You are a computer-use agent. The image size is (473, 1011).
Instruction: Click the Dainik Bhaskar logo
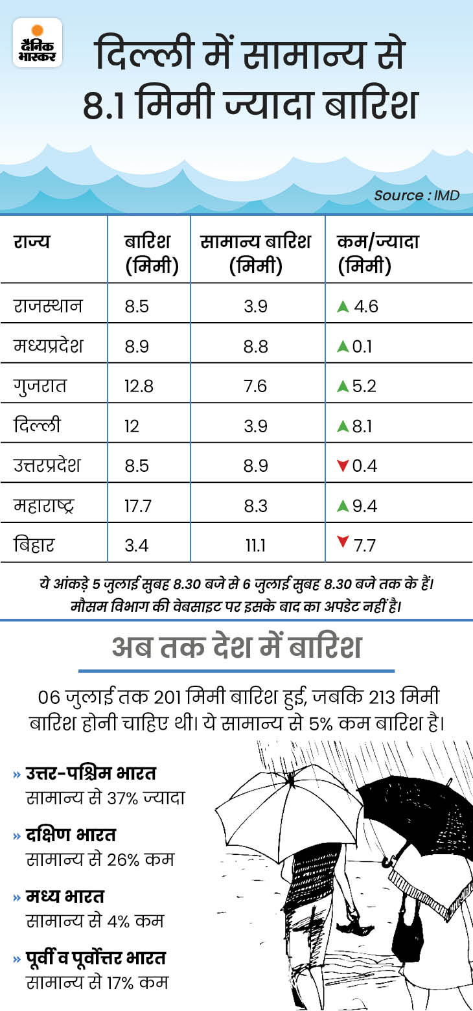click(38, 42)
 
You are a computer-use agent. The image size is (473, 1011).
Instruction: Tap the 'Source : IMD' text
click(417, 195)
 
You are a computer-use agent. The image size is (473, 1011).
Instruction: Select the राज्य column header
click(32, 242)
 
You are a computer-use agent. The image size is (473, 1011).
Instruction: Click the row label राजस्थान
click(49, 305)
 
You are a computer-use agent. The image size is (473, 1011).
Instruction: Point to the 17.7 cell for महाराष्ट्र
click(137, 505)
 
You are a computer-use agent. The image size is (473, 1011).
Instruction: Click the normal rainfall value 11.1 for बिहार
click(255, 546)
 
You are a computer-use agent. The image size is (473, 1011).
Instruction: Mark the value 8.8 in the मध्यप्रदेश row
click(255, 345)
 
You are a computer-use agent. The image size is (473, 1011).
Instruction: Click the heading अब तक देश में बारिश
click(236, 647)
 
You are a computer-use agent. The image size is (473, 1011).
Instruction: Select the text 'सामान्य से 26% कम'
click(100, 859)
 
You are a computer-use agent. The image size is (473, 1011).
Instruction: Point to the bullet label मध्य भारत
click(65, 898)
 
